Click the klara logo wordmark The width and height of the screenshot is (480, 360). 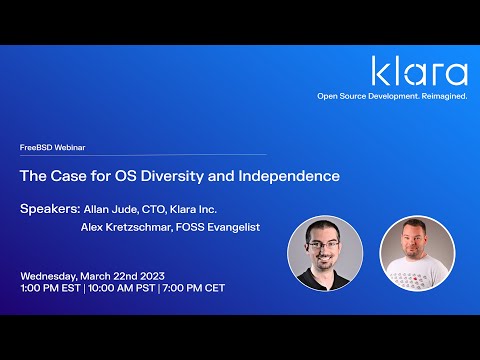point(419,72)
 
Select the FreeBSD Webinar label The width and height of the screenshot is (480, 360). point(53,147)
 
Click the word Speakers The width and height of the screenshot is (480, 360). point(49,209)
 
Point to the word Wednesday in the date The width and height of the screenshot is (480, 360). point(49,275)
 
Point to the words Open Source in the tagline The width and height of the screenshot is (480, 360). point(343,96)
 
